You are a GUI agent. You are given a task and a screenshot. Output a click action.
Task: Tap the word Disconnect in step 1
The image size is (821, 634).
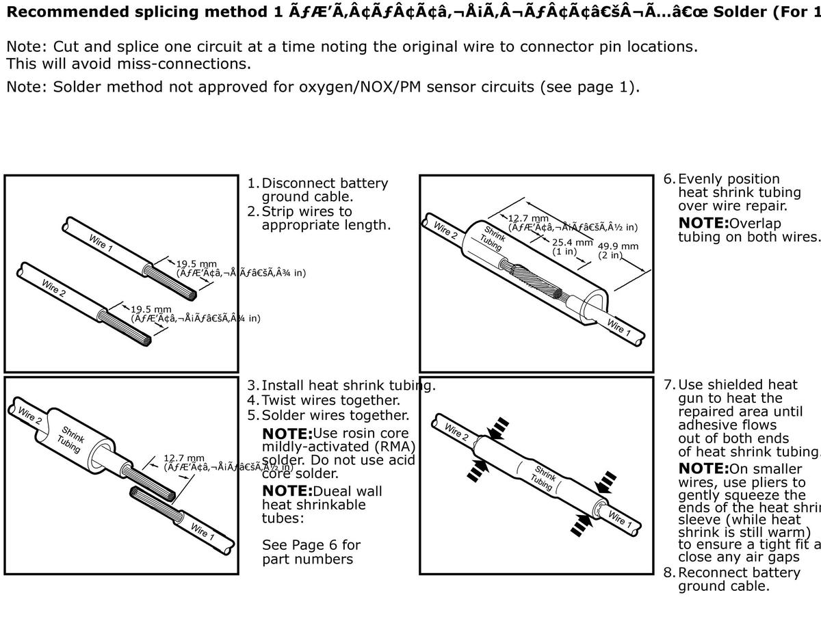pyautogui.click(x=302, y=183)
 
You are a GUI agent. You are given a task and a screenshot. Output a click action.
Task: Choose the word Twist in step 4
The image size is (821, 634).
pyautogui.click(x=282, y=400)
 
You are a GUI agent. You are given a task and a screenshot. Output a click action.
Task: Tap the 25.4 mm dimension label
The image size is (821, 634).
pyautogui.click(x=572, y=242)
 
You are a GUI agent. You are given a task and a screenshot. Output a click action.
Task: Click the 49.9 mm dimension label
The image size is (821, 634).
pyautogui.click(x=618, y=246)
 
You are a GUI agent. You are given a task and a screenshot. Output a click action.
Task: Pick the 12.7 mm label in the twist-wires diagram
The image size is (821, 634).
pyautogui.click(x=183, y=458)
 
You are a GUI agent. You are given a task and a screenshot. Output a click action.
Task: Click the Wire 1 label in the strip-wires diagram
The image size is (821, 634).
pyautogui.click(x=101, y=242)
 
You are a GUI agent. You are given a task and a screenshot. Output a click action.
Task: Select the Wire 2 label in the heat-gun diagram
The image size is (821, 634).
pyautogui.click(x=456, y=431)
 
